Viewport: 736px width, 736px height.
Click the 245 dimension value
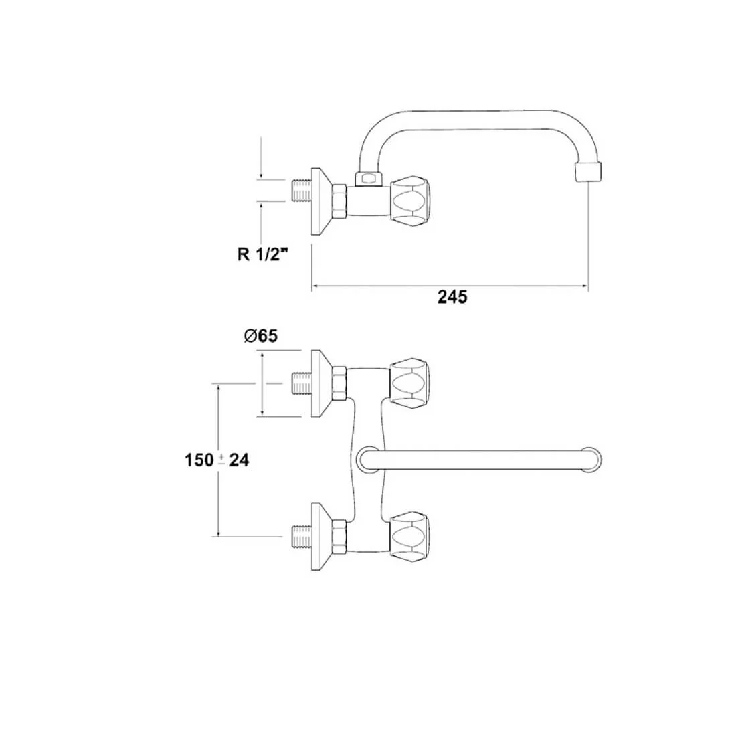click(x=452, y=296)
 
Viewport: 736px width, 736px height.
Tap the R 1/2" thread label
click(x=262, y=254)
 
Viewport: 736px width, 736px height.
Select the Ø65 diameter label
click(x=261, y=336)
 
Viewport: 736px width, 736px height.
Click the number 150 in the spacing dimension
click(x=199, y=460)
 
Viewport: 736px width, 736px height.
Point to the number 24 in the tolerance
click(x=239, y=460)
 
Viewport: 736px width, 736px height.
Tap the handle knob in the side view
click(x=409, y=202)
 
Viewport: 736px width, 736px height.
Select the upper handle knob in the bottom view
click(x=409, y=383)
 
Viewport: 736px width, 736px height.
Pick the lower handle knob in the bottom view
click(x=409, y=536)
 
